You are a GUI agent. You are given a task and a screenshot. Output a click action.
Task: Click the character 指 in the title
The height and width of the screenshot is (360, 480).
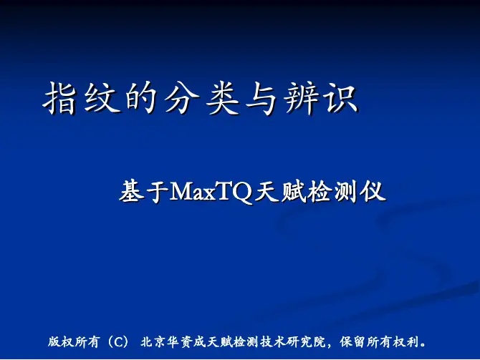(59, 99)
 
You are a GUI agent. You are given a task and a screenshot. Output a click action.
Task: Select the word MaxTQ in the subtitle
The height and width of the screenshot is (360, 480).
(211, 192)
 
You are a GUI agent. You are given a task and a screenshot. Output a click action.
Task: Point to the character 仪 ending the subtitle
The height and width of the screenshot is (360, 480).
(373, 192)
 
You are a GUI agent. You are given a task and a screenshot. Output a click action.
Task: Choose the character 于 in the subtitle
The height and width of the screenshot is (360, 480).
(158, 192)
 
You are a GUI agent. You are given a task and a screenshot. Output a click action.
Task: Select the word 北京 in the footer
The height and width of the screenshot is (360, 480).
(153, 341)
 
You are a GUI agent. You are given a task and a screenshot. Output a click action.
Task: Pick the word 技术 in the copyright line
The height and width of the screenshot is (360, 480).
(273, 341)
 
